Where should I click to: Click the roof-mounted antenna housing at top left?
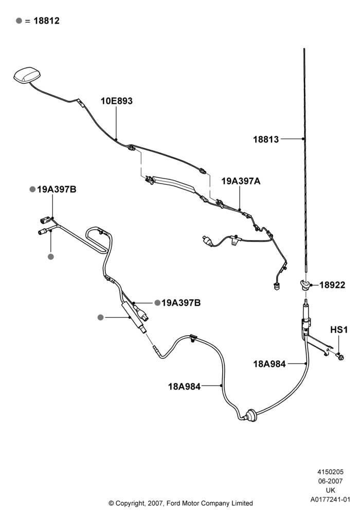pyautogui.click(x=27, y=75)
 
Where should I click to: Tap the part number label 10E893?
pyautogui.click(x=116, y=101)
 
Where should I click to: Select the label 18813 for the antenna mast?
pyautogui.click(x=266, y=139)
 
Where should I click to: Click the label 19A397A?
pyautogui.click(x=241, y=181)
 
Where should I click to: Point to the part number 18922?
pyautogui.click(x=332, y=285)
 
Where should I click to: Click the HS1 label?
pyautogui.click(x=339, y=330)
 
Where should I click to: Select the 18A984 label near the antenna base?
pyautogui.click(x=269, y=364)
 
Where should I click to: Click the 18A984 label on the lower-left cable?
pyautogui.click(x=184, y=387)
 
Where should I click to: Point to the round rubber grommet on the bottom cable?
pyautogui.click(x=251, y=414)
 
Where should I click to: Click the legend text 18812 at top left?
pyautogui.click(x=47, y=21)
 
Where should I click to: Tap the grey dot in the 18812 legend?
pyautogui.click(x=19, y=21)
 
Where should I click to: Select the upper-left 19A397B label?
pyautogui.click(x=57, y=190)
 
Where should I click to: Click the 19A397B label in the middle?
pyautogui.click(x=181, y=303)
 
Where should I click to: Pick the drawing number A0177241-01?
pyautogui.click(x=331, y=500)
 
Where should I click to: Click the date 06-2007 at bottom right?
pyautogui.click(x=331, y=481)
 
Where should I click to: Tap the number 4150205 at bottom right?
pyautogui.click(x=331, y=472)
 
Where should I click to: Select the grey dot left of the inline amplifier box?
pyautogui.click(x=101, y=317)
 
